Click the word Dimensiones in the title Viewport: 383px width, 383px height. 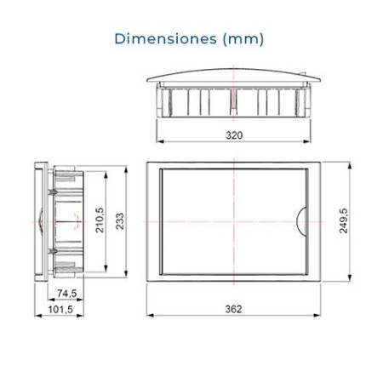[166, 39]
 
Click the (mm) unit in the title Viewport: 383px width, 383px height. [243, 39]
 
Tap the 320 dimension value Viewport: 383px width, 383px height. [234, 135]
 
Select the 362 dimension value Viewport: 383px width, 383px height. [233, 309]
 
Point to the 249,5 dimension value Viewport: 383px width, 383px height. [344, 220]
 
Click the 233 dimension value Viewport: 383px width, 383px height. [120, 221]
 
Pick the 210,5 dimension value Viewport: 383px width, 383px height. [100, 220]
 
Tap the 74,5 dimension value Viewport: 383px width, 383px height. [66, 294]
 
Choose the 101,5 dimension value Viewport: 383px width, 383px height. [60, 309]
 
